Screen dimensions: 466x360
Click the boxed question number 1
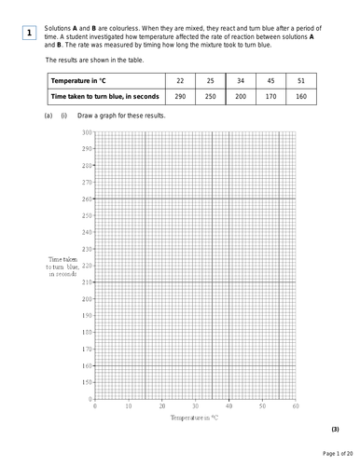tap(28, 34)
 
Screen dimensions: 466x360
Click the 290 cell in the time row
tap(180, 95)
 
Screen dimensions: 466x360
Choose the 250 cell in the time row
tap(211, 95)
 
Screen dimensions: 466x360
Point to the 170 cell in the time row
tap(271, 95)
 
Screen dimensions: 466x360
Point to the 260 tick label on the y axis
tap(87, 199)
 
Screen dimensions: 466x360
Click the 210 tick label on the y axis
tap(87, 281)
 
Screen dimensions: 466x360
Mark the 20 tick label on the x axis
tap(162, 406)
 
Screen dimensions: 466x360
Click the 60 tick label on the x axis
tap(296, 406)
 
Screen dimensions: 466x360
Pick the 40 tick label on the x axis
tap(229, 406)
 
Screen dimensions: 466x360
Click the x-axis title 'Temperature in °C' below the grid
tap(195, 420)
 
